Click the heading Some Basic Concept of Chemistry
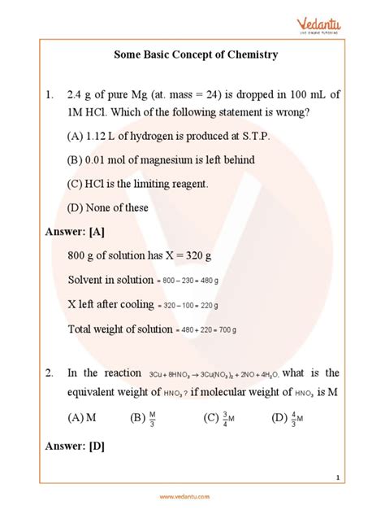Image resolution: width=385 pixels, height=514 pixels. coord(192,55)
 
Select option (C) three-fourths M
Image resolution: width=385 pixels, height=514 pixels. coord(217,418)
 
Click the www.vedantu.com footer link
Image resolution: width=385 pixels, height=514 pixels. coord(192,497)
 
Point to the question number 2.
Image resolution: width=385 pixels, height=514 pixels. coord(50,373)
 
